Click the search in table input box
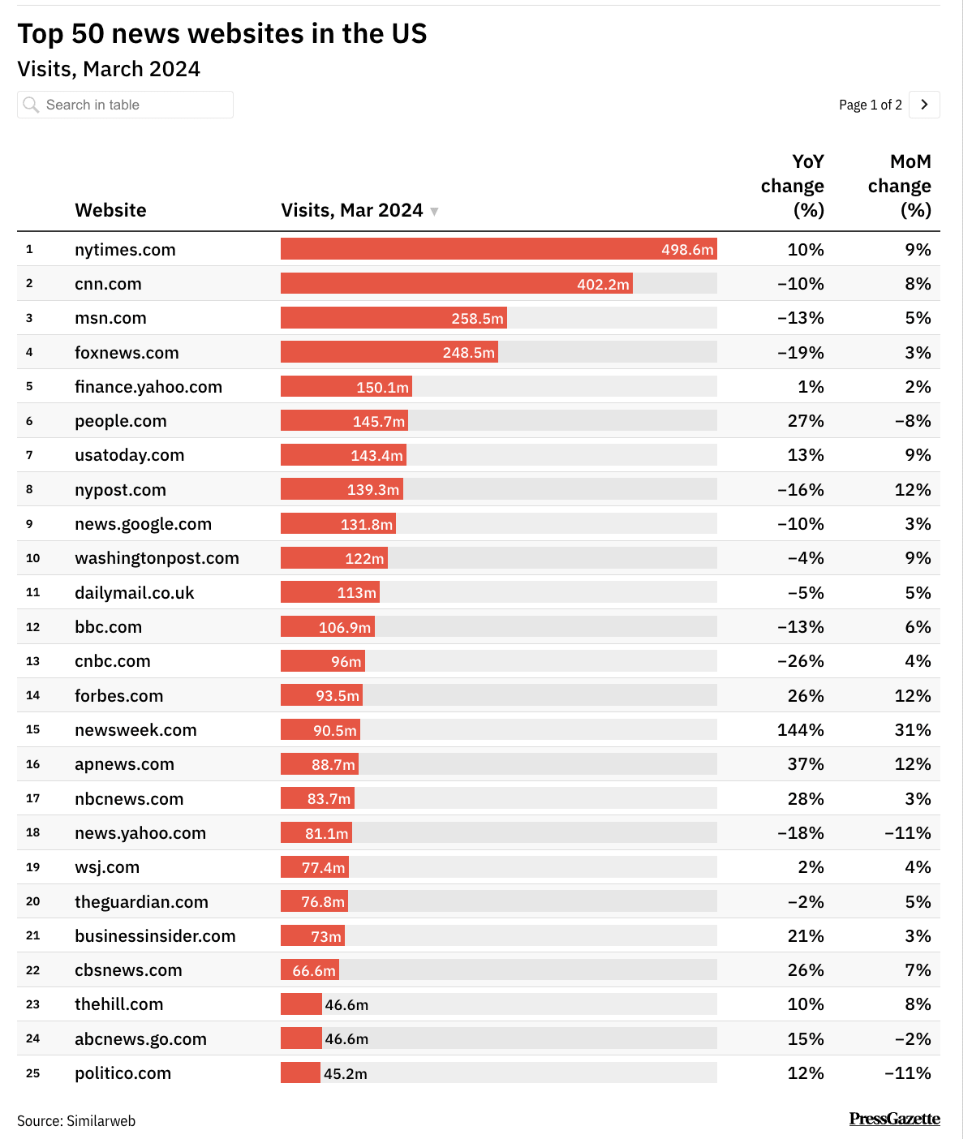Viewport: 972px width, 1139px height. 125,105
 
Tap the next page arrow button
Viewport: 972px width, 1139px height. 924,105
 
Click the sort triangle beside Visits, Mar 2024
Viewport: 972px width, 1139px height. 434,212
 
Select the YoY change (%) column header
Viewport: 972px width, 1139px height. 793,186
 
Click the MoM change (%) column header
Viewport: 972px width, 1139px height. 899,186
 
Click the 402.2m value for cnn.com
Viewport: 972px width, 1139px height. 603,285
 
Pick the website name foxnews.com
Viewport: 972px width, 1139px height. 127,353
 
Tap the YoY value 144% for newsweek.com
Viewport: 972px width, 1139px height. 800,730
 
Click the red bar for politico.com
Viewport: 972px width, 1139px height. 300,1072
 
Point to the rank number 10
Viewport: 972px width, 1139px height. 32,558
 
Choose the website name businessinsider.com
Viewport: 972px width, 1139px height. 155,936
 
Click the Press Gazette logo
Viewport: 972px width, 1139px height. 894,1119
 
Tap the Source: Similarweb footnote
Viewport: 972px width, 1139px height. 76,1121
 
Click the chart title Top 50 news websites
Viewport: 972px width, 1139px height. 221,34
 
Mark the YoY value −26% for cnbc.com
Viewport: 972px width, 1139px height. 800,661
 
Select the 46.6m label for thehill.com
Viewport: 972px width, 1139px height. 346,1005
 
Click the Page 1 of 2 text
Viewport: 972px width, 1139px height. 870,105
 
